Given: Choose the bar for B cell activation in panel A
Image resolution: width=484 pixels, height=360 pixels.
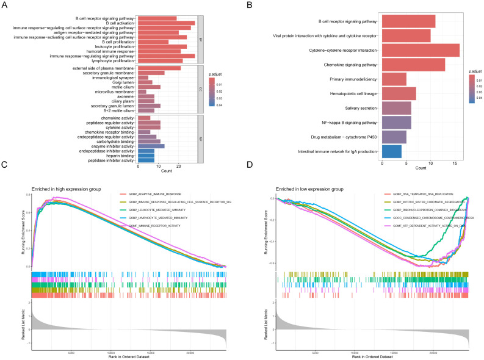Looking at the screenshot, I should point(167,23).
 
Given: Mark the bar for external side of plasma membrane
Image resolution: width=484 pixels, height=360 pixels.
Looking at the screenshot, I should point(159,68).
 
